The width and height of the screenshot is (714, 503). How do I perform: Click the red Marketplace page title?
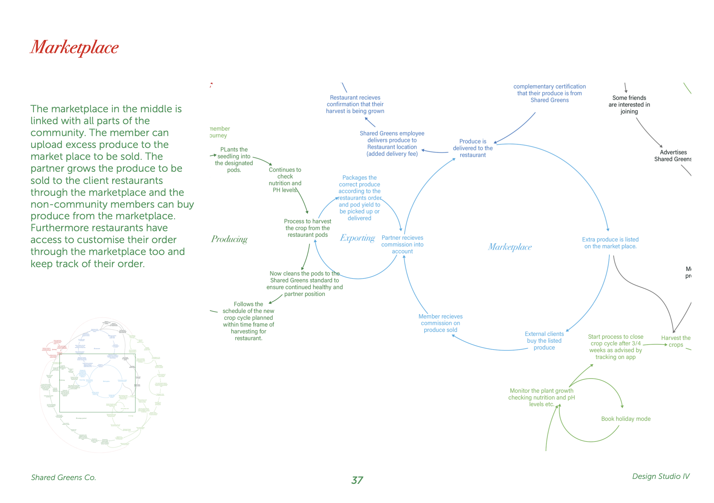tap(74, 48)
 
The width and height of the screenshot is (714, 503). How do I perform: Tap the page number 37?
tap(357, 480)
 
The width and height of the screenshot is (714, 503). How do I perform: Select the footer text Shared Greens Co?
tap(64, 477)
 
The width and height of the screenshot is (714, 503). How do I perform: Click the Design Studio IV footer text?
tap(661, 476)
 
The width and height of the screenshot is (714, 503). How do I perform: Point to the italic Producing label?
tap(229, 239)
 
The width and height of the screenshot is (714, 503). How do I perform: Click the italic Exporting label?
tap(357, 238)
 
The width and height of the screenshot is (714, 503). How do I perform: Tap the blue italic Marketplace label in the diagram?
tap(510, 247)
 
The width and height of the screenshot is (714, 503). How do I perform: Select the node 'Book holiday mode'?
tap(626, 419)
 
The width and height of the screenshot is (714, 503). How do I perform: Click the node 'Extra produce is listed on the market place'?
tap(610, 243)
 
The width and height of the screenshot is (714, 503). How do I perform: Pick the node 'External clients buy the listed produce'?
tap(544, 341)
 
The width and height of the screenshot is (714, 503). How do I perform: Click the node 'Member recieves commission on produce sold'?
tap(440, 323)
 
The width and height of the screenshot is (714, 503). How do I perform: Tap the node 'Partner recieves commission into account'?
tap(402, 244)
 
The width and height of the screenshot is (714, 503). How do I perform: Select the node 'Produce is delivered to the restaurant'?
tap(473, 148)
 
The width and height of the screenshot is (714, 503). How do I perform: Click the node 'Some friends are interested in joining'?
tap(629, 104)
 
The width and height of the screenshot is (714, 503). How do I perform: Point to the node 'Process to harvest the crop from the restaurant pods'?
tap(308, 228)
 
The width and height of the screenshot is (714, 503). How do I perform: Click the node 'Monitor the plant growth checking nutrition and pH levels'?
tap(541, 397)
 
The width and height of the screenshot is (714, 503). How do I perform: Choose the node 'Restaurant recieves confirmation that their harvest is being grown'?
tap(355, 104)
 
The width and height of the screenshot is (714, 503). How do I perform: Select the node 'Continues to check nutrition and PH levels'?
tap(285, 180)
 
